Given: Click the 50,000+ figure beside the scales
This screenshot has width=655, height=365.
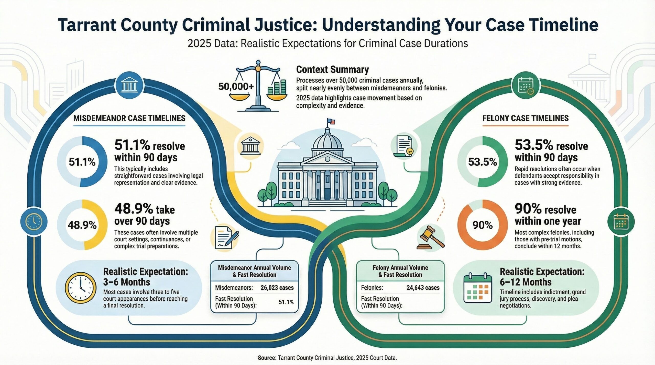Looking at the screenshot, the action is (236, 87).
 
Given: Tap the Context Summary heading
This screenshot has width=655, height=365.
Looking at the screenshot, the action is (332, 69).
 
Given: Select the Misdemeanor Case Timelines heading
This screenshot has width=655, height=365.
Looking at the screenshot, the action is (129, 118).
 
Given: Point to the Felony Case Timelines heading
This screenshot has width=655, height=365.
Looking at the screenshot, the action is (526, 118).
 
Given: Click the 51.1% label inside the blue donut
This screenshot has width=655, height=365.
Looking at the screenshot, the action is (82, 162).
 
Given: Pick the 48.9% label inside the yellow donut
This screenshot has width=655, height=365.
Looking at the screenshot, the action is (82, 225).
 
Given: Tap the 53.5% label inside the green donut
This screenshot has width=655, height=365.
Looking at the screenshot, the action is (482, 162).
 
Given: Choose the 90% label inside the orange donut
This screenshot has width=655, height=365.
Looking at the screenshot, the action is (483, 225).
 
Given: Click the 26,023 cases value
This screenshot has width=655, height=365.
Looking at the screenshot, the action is (277, 288).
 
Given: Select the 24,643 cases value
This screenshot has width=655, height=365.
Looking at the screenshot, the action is (423, 288).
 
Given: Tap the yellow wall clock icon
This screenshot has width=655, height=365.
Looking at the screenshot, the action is (81, 288).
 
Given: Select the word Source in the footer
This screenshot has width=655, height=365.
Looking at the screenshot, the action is (267, 358).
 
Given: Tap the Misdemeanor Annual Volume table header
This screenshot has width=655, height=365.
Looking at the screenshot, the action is (254, 271).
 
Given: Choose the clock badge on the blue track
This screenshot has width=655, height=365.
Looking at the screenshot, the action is (34, 221).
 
